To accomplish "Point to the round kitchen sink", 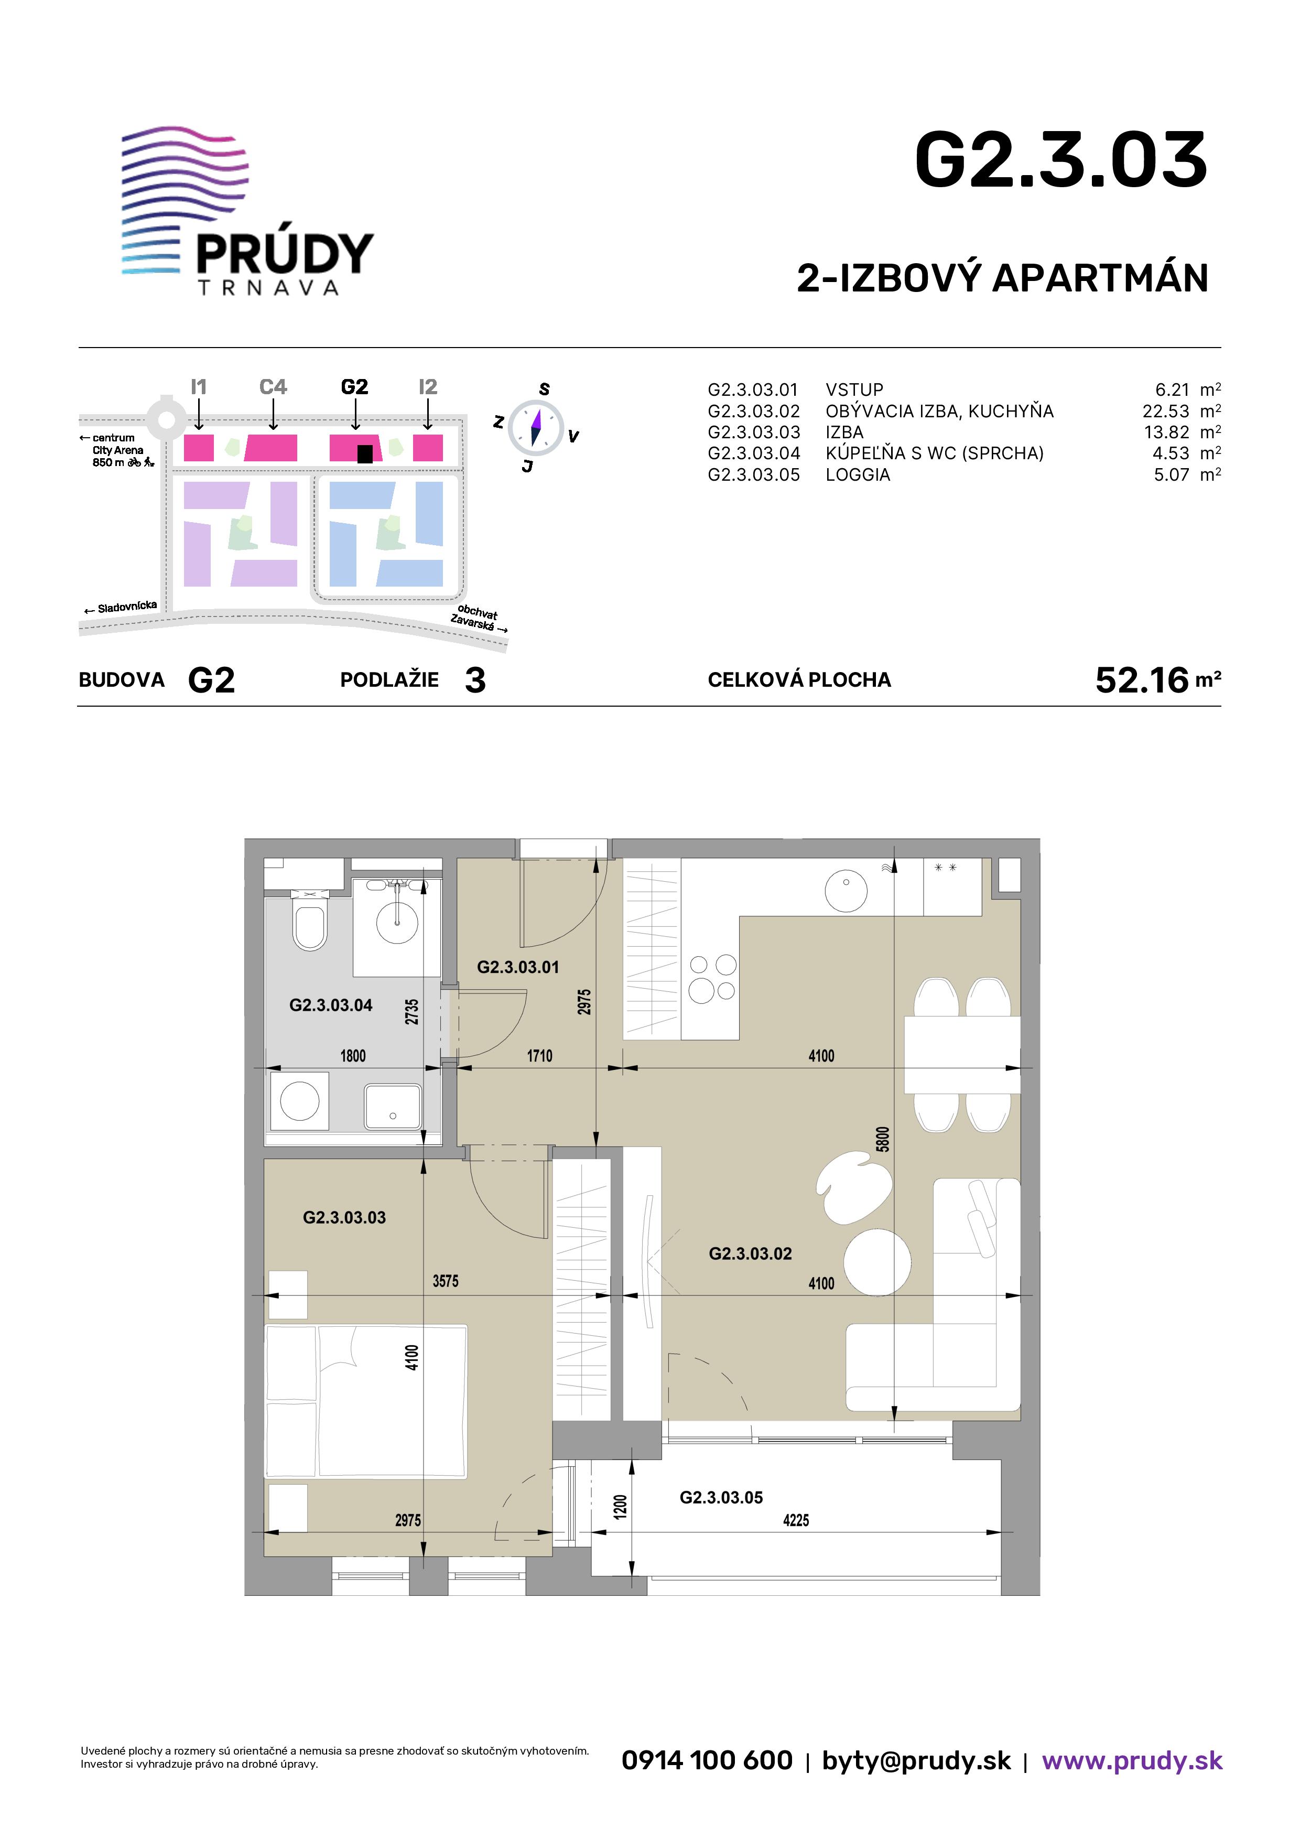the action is click(846, 890).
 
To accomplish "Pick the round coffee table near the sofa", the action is click(877, 1262).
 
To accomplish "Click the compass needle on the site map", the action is click(536, 427).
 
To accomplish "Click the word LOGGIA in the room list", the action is click(858, 475).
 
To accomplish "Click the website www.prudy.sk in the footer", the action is click(1132, 1760).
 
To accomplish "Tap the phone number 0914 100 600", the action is click(707, 1760).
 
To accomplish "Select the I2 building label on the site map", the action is click(428, 387).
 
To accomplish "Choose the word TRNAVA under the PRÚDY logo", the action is click(268, 288).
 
